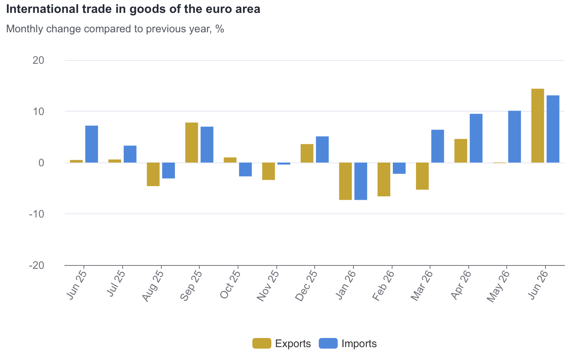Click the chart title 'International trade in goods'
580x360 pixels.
[133, 9]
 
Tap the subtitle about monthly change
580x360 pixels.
[115, 29]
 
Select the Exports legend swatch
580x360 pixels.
[262, 343]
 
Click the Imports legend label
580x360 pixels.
[359, 344]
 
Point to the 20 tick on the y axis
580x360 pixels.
[38, 60]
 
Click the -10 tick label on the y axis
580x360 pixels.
[36, 214]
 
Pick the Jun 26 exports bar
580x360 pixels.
[537, 126]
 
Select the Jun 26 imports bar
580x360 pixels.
[553, 129]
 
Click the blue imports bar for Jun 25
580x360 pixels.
[91, 144]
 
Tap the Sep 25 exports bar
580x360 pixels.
[192, 142]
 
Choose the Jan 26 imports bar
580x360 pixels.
[361, 181]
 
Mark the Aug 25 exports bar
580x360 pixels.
[153, 174]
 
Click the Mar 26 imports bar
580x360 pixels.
[438, 146]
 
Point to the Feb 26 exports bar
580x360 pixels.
[384, 180]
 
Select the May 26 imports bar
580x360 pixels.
[514, 137]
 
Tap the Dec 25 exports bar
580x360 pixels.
[307, 153]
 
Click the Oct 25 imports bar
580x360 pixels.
[246, 169]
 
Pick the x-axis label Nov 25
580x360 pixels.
[268, 286]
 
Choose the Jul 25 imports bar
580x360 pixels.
[130, 154]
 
